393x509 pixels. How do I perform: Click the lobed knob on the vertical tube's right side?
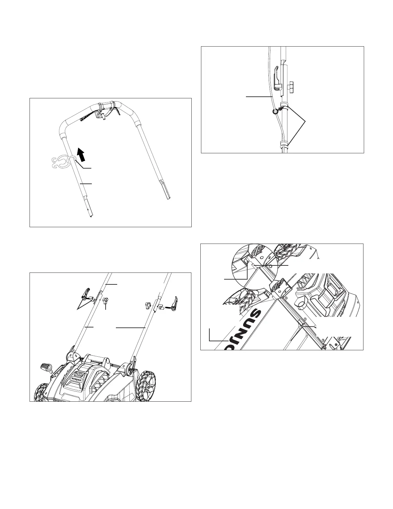[x=291, y=85]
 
